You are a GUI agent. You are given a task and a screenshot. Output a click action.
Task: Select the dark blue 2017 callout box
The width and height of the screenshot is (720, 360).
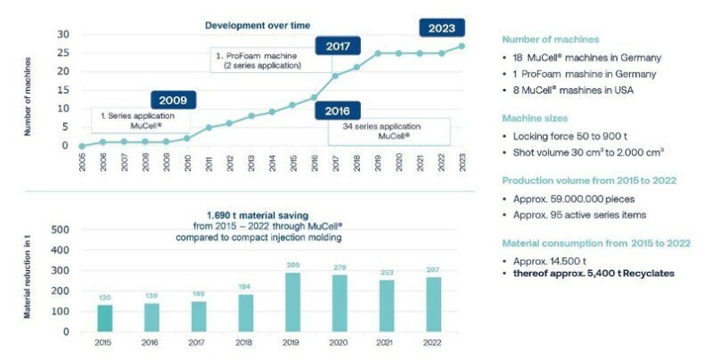[x=337, y=45]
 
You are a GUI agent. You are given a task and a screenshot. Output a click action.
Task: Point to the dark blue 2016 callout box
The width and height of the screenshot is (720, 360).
[x=337, y=110]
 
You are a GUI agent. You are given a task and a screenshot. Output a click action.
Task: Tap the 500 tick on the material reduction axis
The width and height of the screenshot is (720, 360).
[x=63, y=229]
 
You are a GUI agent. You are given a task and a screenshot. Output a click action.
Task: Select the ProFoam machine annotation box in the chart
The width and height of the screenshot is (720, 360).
[x=269, y=61]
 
